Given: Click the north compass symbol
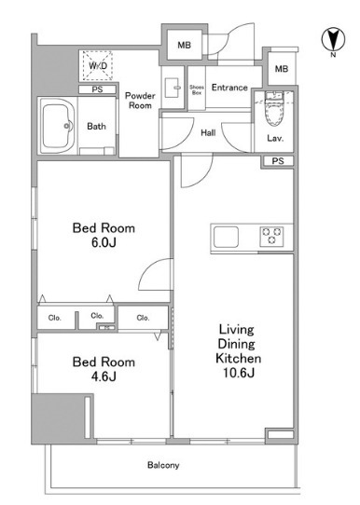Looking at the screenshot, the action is (x=333, y=40).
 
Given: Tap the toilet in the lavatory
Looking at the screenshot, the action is (x=273, y=109).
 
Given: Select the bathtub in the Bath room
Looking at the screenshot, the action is (x=58, y=126).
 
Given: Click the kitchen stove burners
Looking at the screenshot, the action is (x=271, y=237).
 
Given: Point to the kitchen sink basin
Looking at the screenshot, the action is (x=227, y=237).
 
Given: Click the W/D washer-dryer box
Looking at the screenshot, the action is (x=98, y=66).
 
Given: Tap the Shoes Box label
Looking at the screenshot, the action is (x=197, y=89).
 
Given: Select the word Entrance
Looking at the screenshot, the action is (x=229, y=88).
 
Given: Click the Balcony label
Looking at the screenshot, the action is (x=163, y=465).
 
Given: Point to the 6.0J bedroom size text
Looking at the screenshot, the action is (x=104, y=242).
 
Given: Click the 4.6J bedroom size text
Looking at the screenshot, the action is (x=104, y=376).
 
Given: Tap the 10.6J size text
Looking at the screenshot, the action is (x=239, y=373).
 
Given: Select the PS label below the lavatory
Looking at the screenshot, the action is (x=278, y=161).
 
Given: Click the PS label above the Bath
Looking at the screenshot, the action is (x=97, y=89).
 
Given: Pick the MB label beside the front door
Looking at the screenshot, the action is (x=184, y=45).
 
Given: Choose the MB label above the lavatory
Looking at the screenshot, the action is (x=282, y=69).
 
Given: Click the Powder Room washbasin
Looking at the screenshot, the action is (x=173, y=88).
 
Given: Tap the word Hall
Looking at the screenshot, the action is (x=208, y=132).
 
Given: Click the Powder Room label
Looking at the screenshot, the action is (x=140, y=101).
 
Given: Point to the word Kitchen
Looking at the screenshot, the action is (x=239, y=358).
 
